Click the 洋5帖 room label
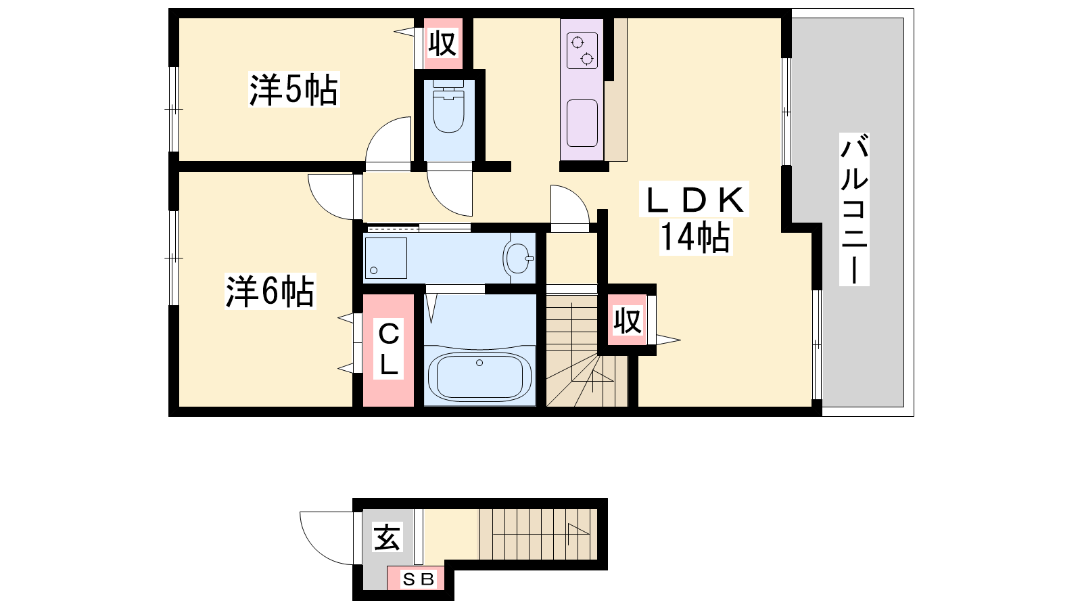pyautogui.click(x=293, y=89)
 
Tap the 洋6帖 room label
pyautogui.click(x=270, y=292)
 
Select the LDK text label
pyautogui.click(x=694, y=200)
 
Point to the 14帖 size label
pyautogui.click(x=696, y=237)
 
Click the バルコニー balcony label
pyautogui.click(x=854, y=209)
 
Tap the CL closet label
pyautogui.click(x=389, y=350)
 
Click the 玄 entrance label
pyautogui.click(x=387, y=537)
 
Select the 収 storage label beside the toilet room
pyautogui.click(x=443, y=44)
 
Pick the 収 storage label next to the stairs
pyautogui.click(x=628, y=321)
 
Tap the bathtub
pyautogui.click(x=479, y=375)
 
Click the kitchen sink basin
pyautogui.click(x=582, y=123)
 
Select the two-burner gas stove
pyautogui.click(x=582, y=51)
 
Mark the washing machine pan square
pyautogui.click(x=386, y=258)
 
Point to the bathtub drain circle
pyautogui.click(x=479, y=363)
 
